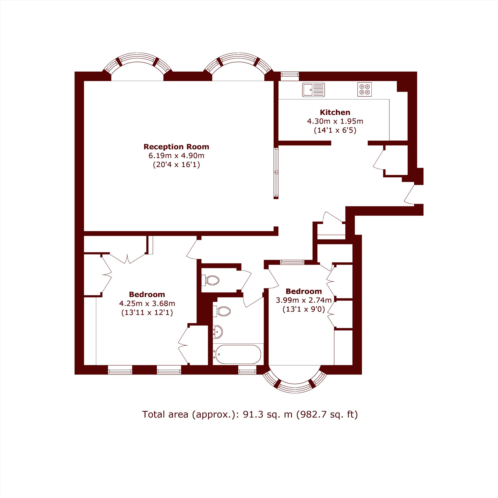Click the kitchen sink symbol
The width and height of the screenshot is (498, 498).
(313, 90)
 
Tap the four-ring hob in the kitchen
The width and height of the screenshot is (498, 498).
(365, 89)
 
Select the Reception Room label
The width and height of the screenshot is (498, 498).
(176, 147)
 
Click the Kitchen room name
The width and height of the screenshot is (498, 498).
(335, 112)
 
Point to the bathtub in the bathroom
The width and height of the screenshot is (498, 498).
(239, 354)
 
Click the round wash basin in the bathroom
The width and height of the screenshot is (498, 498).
(218, 332)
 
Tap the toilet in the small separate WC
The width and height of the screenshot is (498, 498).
(210, 280)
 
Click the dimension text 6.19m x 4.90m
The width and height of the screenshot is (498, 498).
(176, 156)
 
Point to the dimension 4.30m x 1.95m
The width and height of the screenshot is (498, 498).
(335, 121)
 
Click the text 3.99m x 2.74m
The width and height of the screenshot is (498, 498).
(304, 300)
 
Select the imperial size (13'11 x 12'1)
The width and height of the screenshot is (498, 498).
(147, 313)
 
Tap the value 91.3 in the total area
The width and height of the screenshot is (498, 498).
(252, 414)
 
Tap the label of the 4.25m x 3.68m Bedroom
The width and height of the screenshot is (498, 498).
(147, 294)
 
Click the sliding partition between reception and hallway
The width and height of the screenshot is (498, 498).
(276, 173)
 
